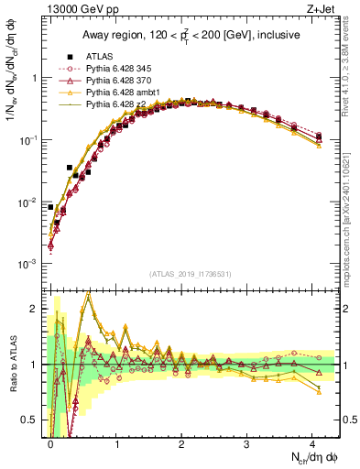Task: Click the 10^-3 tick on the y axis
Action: pyautogui.click(x=29, y=264)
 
